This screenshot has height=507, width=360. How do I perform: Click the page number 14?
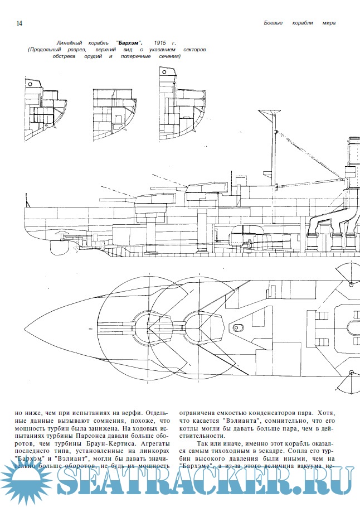pos(20,23)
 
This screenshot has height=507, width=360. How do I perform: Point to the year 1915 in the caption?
pos(162,42)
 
